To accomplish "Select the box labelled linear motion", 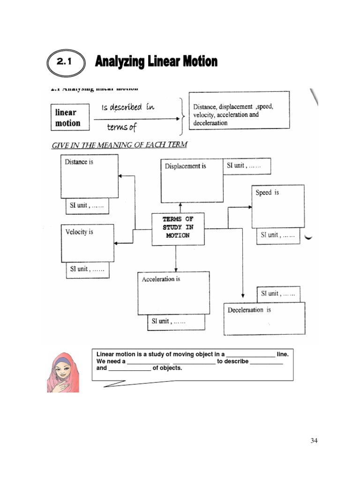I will pyautogui.click(x=68, y=118).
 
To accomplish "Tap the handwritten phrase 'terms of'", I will pyautogui.click(x=121, y=127).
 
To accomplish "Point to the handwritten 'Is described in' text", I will pyautogui.click(x=127, y=107).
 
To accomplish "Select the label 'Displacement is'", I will pyautogui.click(x=186, y=166).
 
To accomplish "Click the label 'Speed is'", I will pyautogui.click(x=267, y=193).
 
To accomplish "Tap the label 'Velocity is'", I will pyautogui.click(x=79, y=232).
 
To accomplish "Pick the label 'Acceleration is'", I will pyautogui.click(x=161, y=279).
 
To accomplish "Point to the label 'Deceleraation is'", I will pyautogui.click(x=249, y=310).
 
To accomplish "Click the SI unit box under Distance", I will pyautogui.click(x=87, y=206).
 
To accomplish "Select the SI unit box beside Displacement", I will pyautogui.click(x=247, y=166).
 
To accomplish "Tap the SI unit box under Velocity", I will pyautogui.click(x=88, y=270).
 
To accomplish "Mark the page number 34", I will pyautogui.click(x=314, y=440).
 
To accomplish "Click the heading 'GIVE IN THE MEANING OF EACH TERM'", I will pyautogui.click(x=119, y=145).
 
